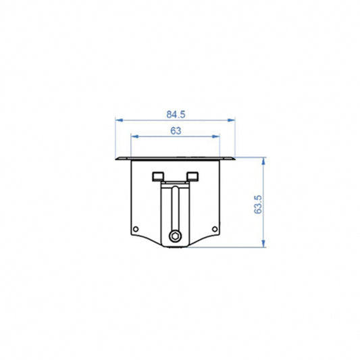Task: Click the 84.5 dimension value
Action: coord(176,114)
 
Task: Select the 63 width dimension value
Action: coord(176,131)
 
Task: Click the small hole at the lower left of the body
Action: coord(136,228)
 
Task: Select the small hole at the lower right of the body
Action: coord(215,228)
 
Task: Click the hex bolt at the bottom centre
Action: coord(176,236)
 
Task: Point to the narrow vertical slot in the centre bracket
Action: coord(176,209)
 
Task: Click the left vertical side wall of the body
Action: coord(130,196)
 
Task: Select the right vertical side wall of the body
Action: coord(220,196)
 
